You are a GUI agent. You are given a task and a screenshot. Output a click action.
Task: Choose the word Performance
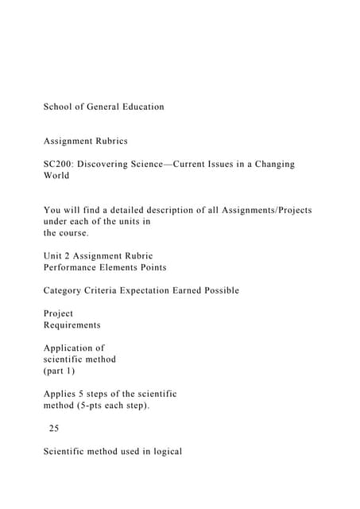[x=72, y=267]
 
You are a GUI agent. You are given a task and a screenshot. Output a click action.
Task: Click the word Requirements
[x=72, y=324]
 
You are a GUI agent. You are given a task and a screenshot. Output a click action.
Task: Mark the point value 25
[x=53, y=428]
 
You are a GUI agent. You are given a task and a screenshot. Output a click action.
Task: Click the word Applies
[x=60, y=394]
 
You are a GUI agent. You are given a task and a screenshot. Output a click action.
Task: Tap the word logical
[x=165, y=451]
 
